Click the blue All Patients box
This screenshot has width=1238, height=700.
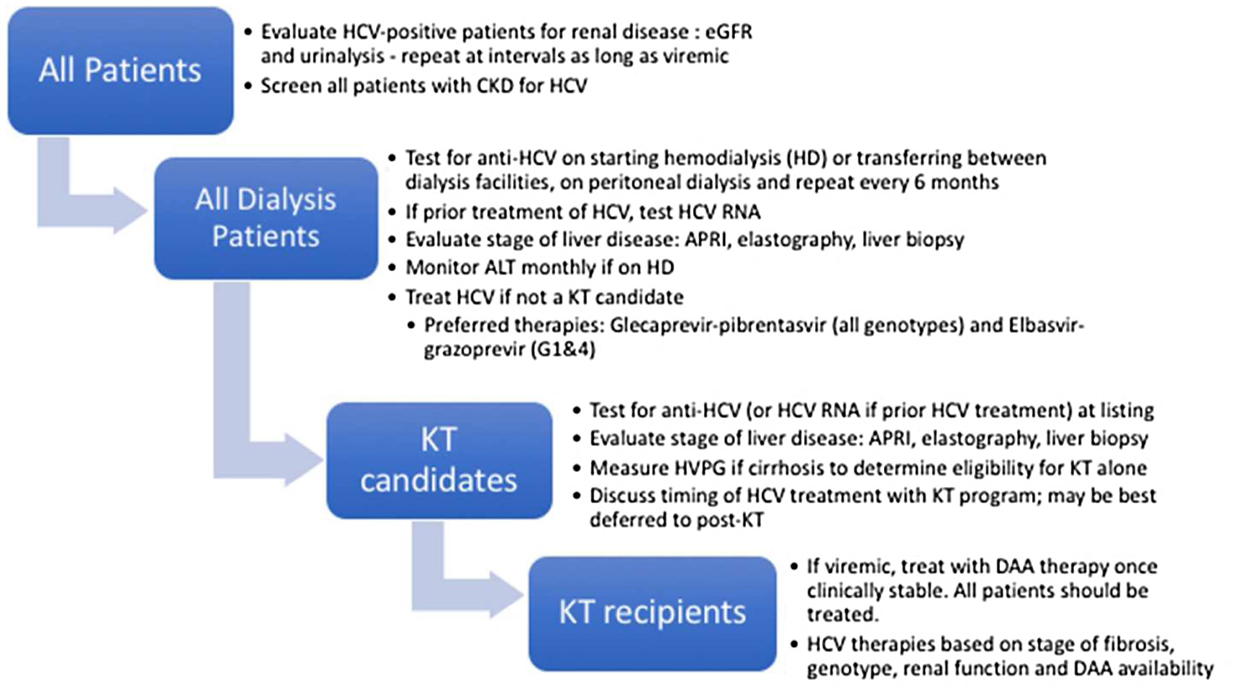[120, 70]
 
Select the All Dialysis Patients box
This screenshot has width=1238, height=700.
[266, 218]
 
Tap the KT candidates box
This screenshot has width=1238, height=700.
[439, 460]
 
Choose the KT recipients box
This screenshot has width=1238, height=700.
[652, 613]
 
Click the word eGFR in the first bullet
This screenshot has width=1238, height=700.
[728, 32]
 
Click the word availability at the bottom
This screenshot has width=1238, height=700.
[1167, 669]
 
